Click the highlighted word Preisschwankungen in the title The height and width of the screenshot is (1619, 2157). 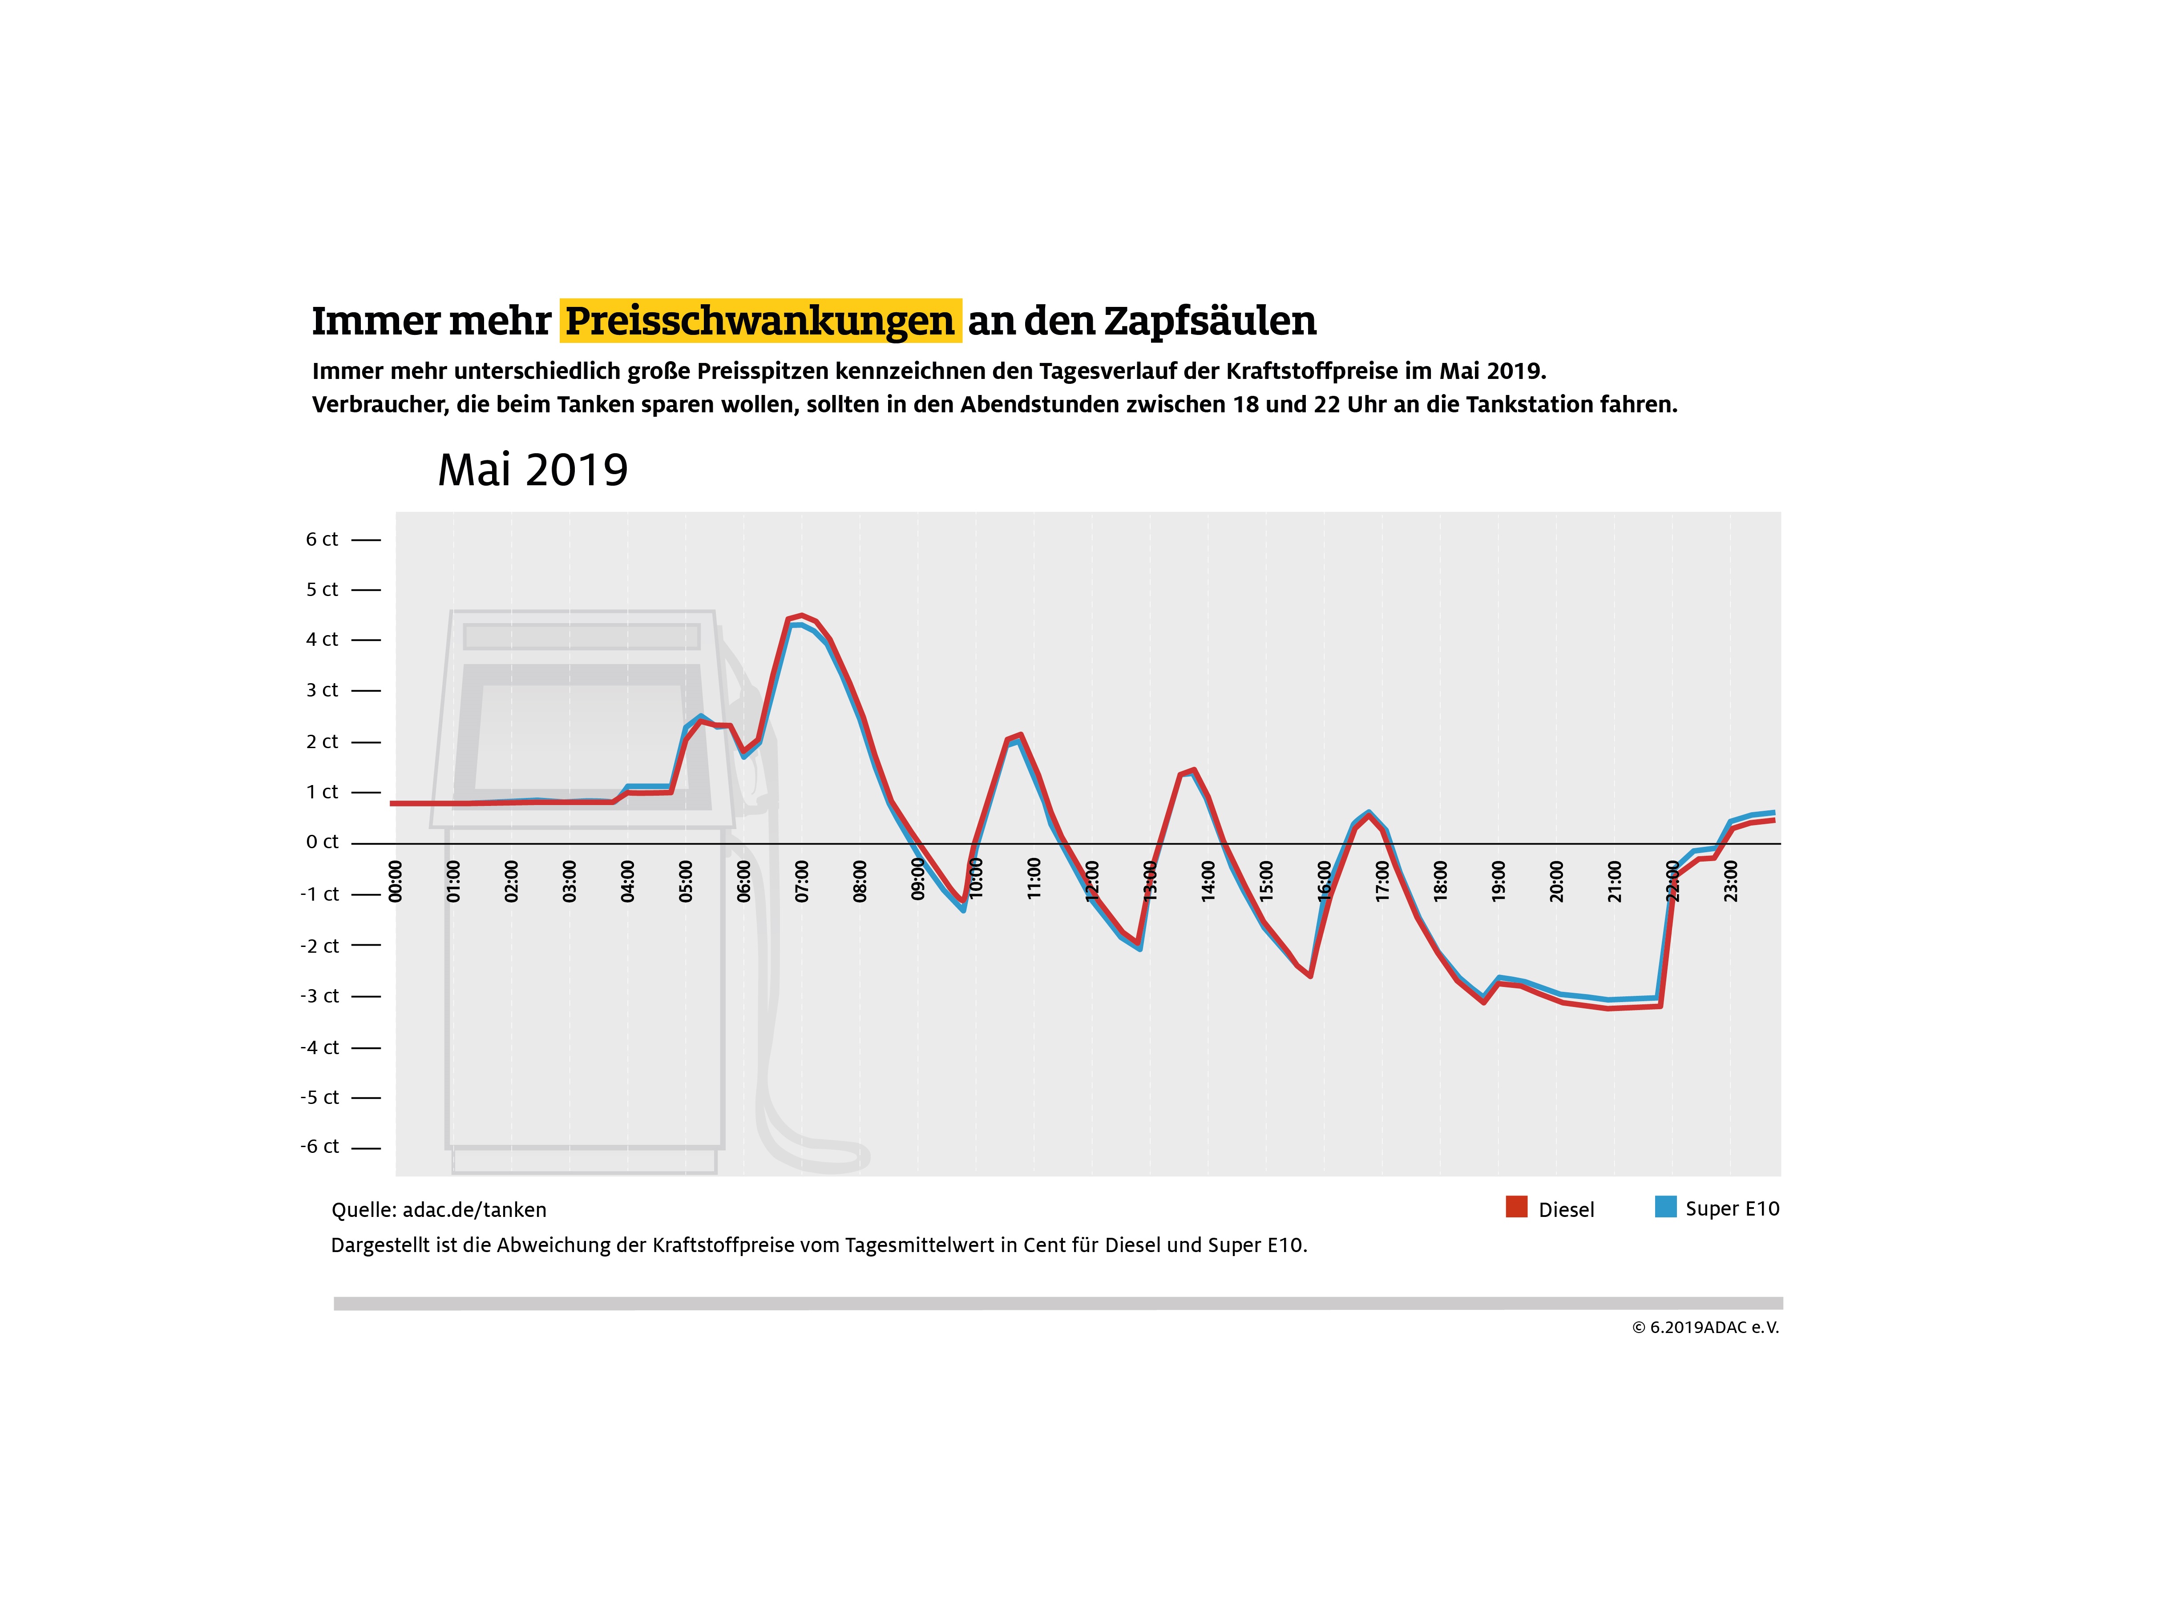759,321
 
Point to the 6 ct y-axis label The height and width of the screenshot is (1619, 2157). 322,539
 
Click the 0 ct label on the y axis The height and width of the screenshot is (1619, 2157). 322,842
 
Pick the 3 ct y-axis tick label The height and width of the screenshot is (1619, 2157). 322,690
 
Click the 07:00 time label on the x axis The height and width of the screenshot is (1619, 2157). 802,881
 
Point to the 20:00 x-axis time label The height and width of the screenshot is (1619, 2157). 1556,881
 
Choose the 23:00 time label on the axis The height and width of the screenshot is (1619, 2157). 1731,881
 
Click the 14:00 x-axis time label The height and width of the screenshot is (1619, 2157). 1208,881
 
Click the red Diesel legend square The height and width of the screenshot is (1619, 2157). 1516,1207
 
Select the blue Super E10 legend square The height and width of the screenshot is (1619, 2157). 1665,1207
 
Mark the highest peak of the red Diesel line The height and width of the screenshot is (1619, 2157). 800,616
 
